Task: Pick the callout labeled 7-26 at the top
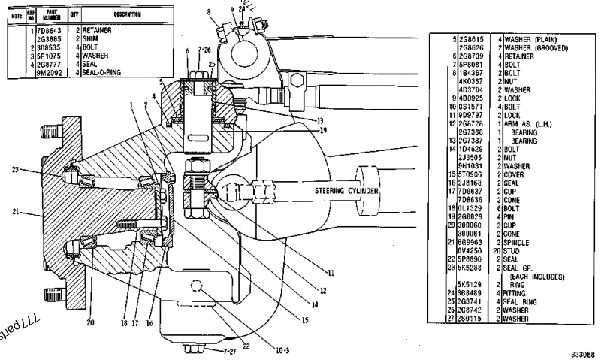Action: click(x=202, y=50)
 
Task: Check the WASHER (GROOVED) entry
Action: click(x=535, y=48)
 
